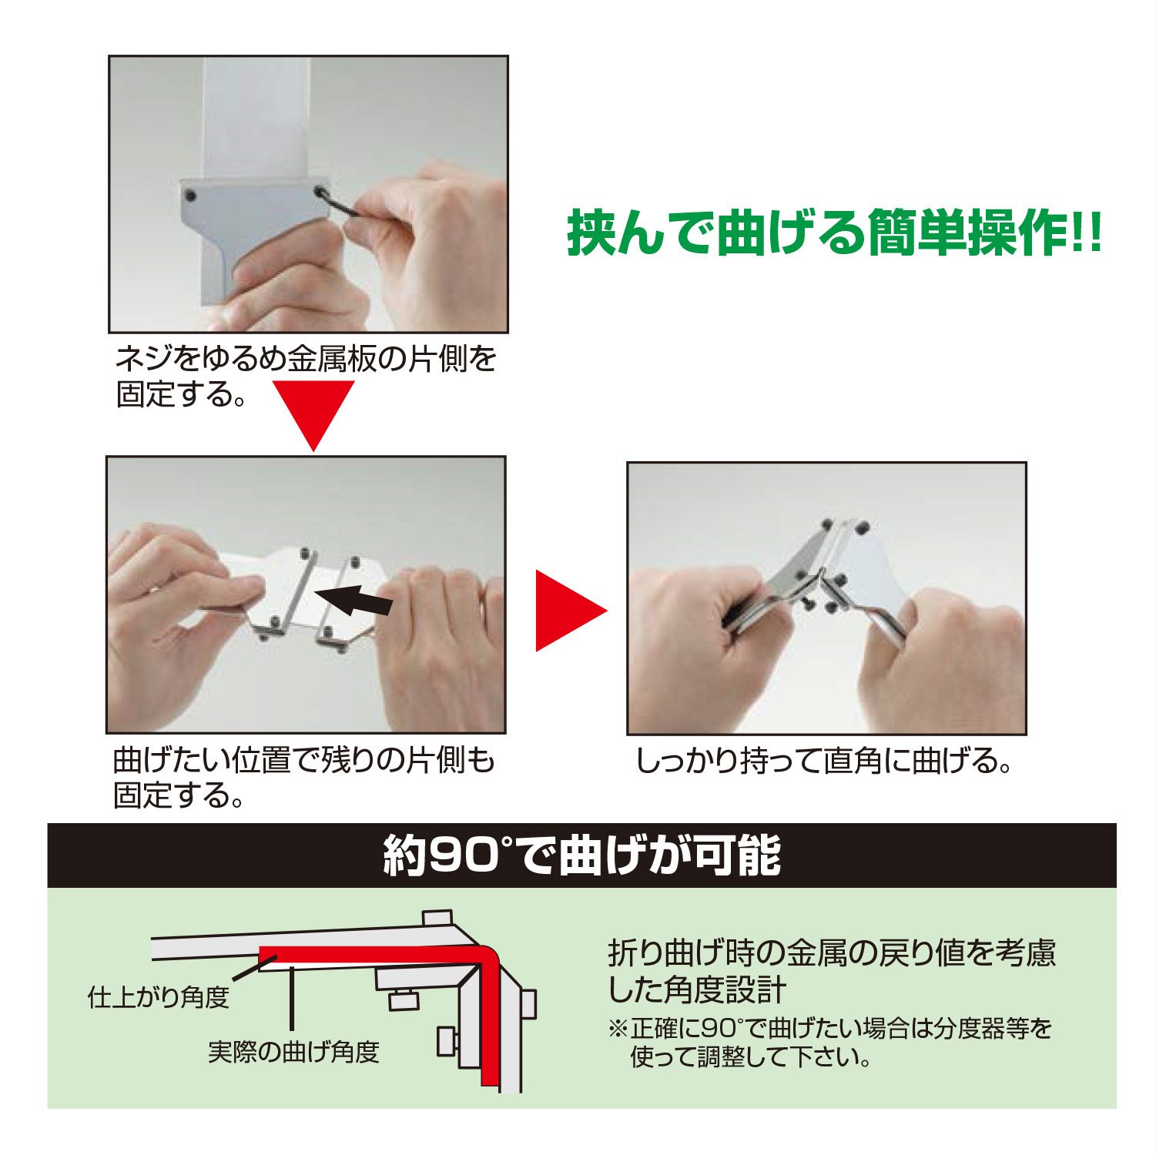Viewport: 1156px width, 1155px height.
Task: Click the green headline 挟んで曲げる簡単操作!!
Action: [x=835, y=233]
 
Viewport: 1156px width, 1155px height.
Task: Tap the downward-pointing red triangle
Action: [x=314, y=413]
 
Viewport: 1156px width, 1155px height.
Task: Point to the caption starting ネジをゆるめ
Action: [x=307, y=377]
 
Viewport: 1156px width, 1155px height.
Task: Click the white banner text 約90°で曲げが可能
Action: [x=582, y=855]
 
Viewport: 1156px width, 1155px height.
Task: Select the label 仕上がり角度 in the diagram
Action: [x=159, y=998]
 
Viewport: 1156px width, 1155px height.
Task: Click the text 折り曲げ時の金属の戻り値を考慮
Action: [x=832, y=953]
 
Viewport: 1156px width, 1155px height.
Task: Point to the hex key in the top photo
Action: [x=339, y=203]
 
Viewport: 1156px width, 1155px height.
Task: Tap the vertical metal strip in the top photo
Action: [x=256, y=119]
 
